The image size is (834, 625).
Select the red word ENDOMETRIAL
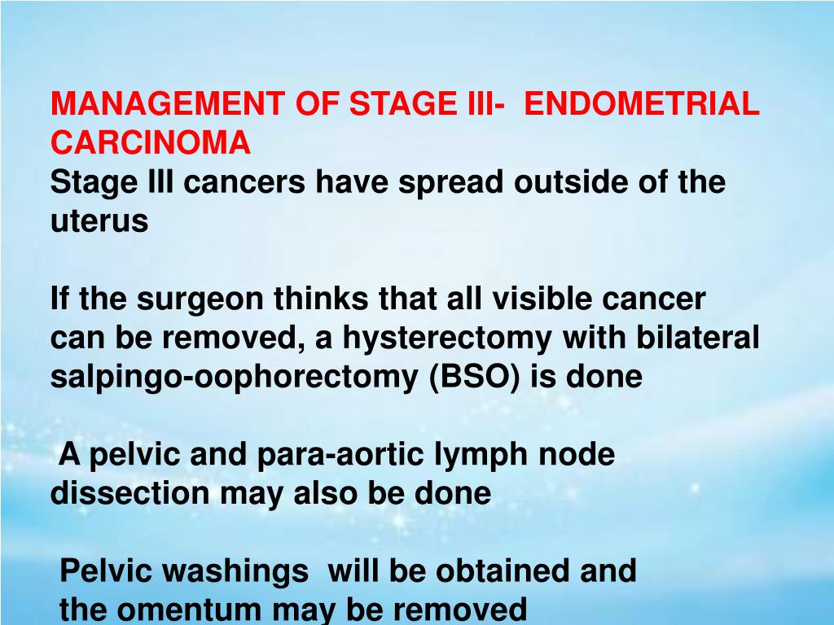pos(643,105)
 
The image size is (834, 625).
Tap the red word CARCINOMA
pos(150,142)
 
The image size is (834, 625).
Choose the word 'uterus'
pos(99,221)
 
